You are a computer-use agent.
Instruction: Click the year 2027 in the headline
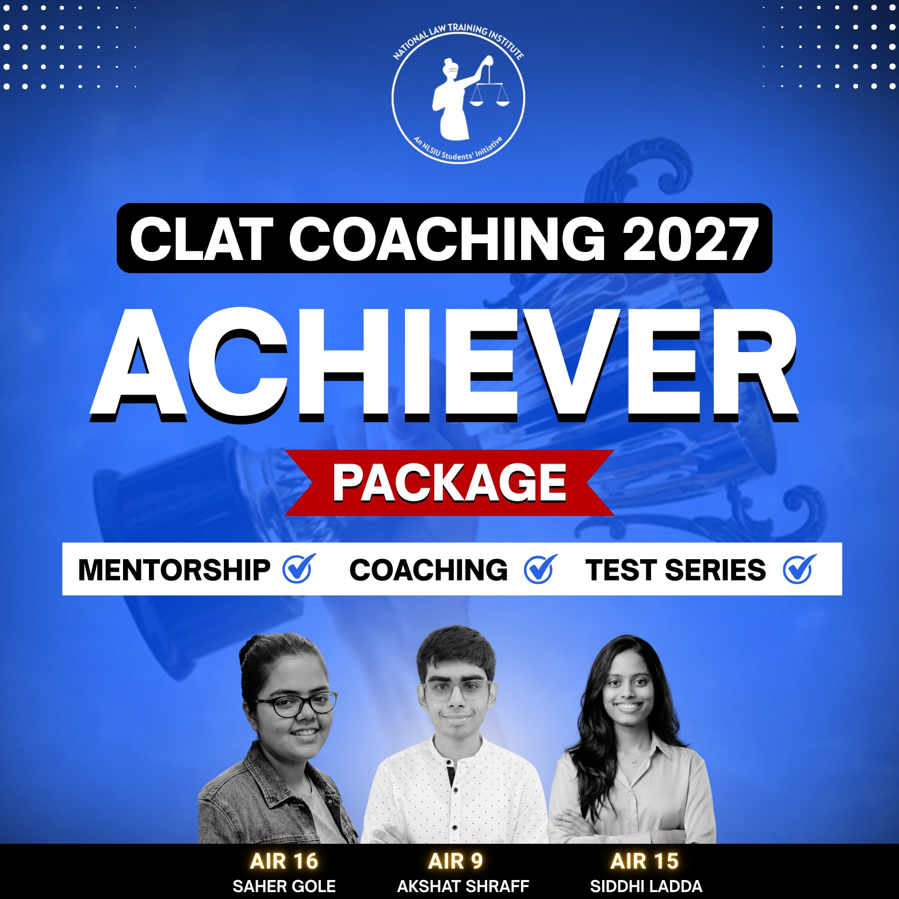[x=690, y=239]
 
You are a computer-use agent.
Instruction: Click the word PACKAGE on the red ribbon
[x=449, y=483]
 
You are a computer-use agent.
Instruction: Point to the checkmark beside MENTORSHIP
[x=299, y=569]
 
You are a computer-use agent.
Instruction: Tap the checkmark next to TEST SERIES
[x=799, y=569]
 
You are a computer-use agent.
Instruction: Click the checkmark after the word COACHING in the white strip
[x=541, y=569]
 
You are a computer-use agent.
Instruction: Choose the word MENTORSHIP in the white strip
[x=174, y=570]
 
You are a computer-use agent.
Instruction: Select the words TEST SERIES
[x=675, y=570]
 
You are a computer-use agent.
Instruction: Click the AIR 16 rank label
[x=284, y=861]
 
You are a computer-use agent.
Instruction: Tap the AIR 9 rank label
[x=456, y=861]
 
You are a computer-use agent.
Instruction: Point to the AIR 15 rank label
[x=645, y=861]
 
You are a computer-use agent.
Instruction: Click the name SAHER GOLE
[x=284, y=886]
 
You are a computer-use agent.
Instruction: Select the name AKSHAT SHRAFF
[x=463, y=886]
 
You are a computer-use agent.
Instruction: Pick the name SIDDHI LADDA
[x=646, y=886]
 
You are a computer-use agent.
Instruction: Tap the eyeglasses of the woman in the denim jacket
[x=296, y=705]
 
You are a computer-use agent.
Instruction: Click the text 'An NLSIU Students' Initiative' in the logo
[x=458, y=151]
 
